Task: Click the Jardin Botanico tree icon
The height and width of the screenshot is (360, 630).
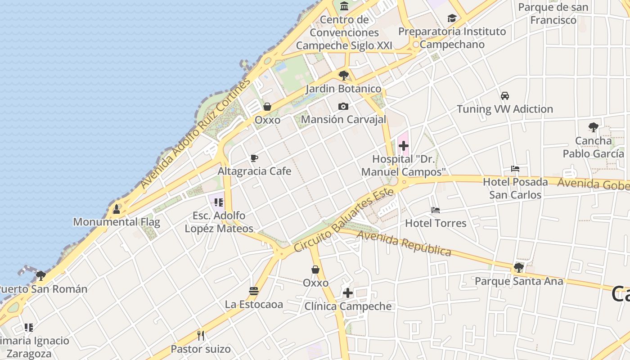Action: (x=344, y=75)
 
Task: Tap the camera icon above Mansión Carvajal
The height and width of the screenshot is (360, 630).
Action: (x=343, y=106)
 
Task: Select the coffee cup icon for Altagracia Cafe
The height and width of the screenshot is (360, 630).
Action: (x=254, y=158)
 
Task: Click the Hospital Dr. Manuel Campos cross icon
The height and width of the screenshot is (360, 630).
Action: (x=404, y=145)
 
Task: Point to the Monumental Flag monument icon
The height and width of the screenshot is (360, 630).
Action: (x=117, y=209)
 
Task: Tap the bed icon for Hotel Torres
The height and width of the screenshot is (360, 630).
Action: (x=435, y=210)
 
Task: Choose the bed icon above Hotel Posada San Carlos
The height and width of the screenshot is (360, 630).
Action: (x=515, y=169)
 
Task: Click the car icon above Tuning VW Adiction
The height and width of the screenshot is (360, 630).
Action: (x=505, y=96)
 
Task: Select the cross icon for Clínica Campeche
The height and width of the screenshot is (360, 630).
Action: (x=348, y=293)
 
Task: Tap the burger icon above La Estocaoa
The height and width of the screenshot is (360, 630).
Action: (x=254, y=291)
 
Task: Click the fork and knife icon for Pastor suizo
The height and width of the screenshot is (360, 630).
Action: (x=201, y=335)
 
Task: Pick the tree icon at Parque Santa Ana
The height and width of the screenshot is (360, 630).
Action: (x=519, y=268)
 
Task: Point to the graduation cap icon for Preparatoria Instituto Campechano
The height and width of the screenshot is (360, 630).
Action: (x=452, y=18)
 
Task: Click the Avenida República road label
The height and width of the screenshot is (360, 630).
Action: (x=404, y=243)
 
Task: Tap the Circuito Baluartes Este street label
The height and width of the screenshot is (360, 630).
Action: (x=344, y=220)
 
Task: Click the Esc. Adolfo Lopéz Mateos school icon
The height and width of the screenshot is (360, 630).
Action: (x=219, y=202)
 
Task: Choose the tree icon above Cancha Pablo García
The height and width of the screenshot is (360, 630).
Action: (x=594, y=127)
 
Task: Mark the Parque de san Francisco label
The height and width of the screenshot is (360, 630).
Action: (x=553, y=13)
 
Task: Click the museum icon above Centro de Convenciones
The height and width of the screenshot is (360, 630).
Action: (x=344, y=6)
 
